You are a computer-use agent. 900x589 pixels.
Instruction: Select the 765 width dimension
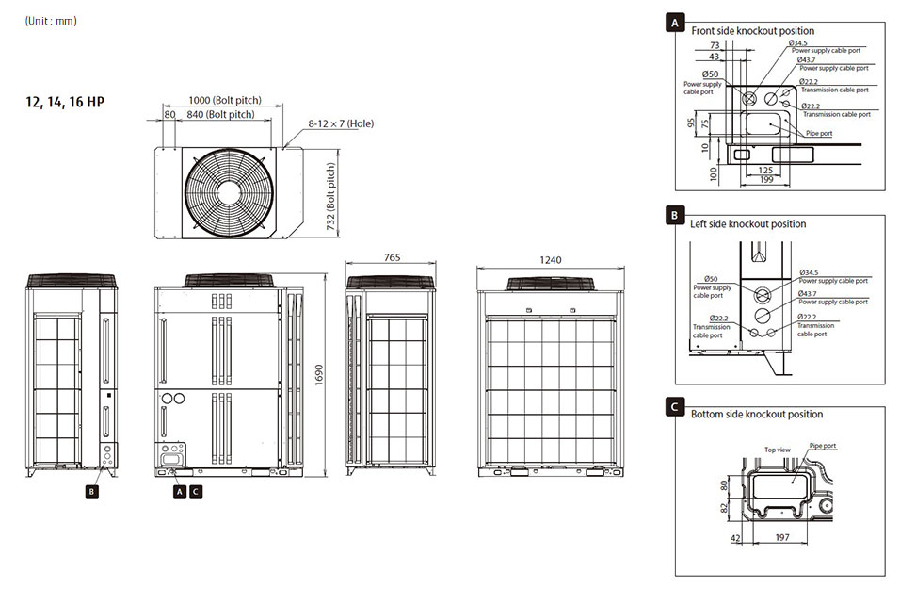(392, 257)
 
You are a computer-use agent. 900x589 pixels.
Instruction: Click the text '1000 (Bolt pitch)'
(223, 100)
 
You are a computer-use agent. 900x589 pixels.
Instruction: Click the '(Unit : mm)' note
(51, 21)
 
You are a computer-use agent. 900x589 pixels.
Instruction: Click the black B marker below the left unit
(91, 490)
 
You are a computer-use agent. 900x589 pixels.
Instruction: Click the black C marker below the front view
(195, 490)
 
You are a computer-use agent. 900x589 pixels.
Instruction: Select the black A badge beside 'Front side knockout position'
(674, 24)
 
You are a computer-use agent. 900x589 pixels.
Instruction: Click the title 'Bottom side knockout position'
(756, 414)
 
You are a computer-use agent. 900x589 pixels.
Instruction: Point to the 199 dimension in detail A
(767, 179)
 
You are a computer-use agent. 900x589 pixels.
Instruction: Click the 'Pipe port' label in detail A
(819, 133)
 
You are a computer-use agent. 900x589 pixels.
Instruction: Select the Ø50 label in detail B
(711, 279)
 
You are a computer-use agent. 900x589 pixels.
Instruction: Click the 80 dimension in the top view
(169, 114)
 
